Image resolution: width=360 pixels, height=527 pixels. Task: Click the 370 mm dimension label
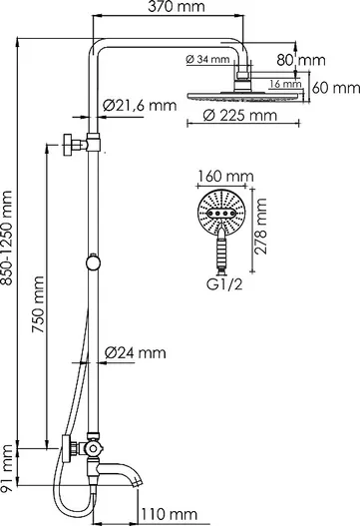pos(177,7)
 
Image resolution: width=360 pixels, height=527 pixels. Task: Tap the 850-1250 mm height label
pos(6,238)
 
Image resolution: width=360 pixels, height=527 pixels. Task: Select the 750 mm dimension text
pos(38,304)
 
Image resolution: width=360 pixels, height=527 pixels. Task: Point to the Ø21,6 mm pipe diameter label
pos(140,106)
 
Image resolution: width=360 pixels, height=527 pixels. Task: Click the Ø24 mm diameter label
pos(135,353)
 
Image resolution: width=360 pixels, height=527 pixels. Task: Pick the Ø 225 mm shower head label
pos(240,116)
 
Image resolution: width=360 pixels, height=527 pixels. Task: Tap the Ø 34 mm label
pos(207,60)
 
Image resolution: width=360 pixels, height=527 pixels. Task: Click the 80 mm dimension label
pos(301,60)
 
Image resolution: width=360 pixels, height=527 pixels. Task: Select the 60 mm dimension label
pos(336,88)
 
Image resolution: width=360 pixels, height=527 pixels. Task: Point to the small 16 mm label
pos(285,84)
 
